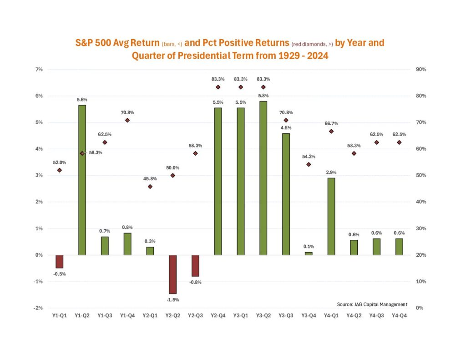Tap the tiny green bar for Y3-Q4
click(x=309, y=253)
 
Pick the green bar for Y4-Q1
click(x=331, y=216)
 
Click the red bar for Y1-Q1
click(x=59, y=261)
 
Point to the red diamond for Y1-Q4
click(x=127, y=120)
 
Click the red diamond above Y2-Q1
click(x=150, y=187)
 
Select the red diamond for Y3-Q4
click(x=309, y=164)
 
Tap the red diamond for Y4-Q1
click(x=331, y=131)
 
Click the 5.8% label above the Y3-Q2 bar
click(x=263, y=96)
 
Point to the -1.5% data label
click(x=172, y=300)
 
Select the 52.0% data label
click(x=59, y=162)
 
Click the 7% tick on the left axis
click(x=39, y=69)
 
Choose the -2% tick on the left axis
click(x=39, y=308)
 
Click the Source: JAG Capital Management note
click(x=372, y=304)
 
